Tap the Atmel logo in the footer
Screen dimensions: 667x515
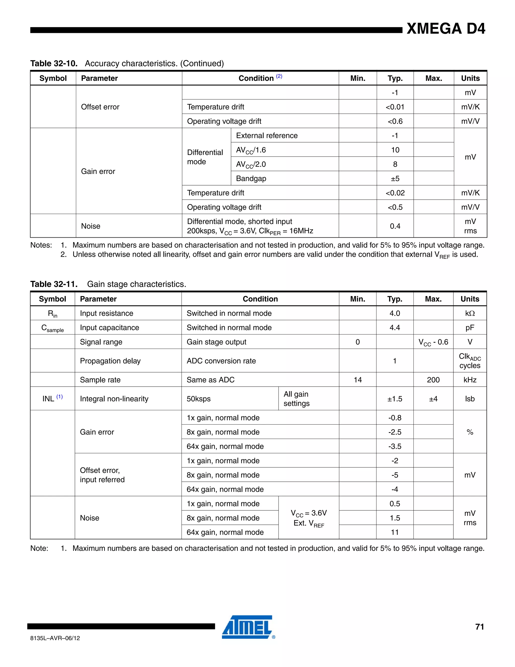coord(247,627)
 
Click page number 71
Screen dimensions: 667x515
coord(480,627)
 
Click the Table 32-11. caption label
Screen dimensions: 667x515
coord(54,284)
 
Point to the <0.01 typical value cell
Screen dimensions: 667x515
coord(395,107)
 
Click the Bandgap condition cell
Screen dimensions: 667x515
coord(251,178)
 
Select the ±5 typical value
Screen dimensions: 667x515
coord(395,178)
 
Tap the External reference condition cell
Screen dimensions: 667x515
coord(267,136)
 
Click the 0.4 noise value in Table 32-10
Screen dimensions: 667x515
coord(395,226)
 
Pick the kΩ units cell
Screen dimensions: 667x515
coord(469,313)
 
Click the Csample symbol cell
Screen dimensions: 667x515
coord(53,328)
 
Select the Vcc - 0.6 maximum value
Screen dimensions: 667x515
coord(433,342)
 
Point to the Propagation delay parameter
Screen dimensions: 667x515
coord(110,361)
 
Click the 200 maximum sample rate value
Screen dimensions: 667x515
coord(433,380)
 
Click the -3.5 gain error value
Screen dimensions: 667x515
coord(395,446)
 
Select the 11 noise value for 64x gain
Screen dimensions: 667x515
coord(395,532)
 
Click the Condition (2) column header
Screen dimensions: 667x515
coord(260,78)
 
